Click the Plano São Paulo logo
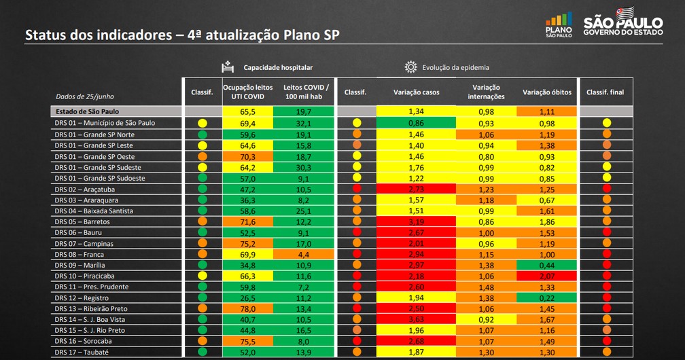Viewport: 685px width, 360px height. click(x=559, y=25)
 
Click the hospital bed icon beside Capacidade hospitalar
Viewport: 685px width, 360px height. click(x=227, y=67)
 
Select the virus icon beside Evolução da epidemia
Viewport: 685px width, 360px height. click(x=410, y=67)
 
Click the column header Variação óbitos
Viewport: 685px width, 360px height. click(x=546, y=92)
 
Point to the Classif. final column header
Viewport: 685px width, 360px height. click(x=605, y=92)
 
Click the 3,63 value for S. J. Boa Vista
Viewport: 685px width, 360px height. click(x=417, y=319)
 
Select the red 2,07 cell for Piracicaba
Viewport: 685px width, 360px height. click(x=546, y=276)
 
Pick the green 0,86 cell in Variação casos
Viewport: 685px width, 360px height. click(x=417, y=123)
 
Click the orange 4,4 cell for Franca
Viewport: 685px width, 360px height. click(x=304, y=254)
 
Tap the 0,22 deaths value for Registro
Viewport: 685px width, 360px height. click(x=546, y=298)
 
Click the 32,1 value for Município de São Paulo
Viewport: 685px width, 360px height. click(x=304, y=123)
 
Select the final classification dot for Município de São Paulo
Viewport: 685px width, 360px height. click(x=606, y=123)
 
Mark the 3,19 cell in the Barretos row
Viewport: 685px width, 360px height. click(x=417, y=221)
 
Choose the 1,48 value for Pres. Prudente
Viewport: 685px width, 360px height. click(x=485, y=287)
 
